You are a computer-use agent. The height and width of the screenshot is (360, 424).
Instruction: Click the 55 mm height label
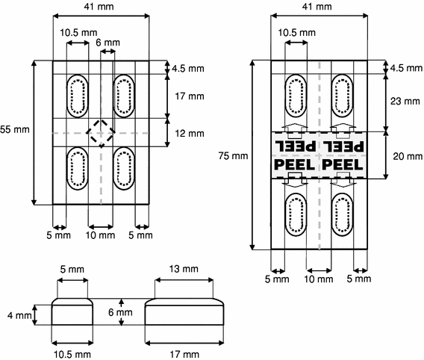click(x=15, y=129)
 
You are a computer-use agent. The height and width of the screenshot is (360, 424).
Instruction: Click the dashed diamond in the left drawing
click(x=100, y=134)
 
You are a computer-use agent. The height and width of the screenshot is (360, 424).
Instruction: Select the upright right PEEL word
click(x=343, y=163)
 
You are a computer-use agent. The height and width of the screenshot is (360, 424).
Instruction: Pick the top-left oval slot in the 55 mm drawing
click(x=76, y=96)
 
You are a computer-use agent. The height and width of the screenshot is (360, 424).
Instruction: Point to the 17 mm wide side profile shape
click(x=184, y=313)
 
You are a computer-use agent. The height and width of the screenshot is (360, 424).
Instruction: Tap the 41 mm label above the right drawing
click(x=319, y=7)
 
